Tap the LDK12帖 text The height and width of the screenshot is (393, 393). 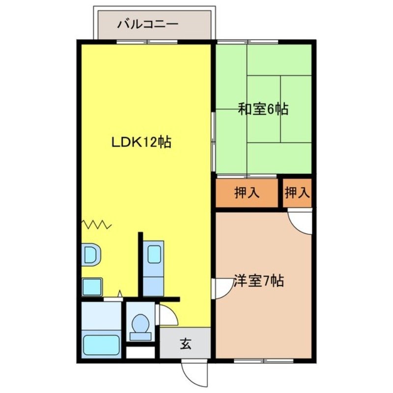140,142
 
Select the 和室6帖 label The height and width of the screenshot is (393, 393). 263,109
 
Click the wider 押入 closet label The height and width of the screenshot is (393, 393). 247,193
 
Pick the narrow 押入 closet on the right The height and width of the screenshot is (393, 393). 297,193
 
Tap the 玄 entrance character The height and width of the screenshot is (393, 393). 185,344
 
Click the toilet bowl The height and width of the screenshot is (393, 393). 141,324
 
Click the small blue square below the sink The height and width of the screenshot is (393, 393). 92,286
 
